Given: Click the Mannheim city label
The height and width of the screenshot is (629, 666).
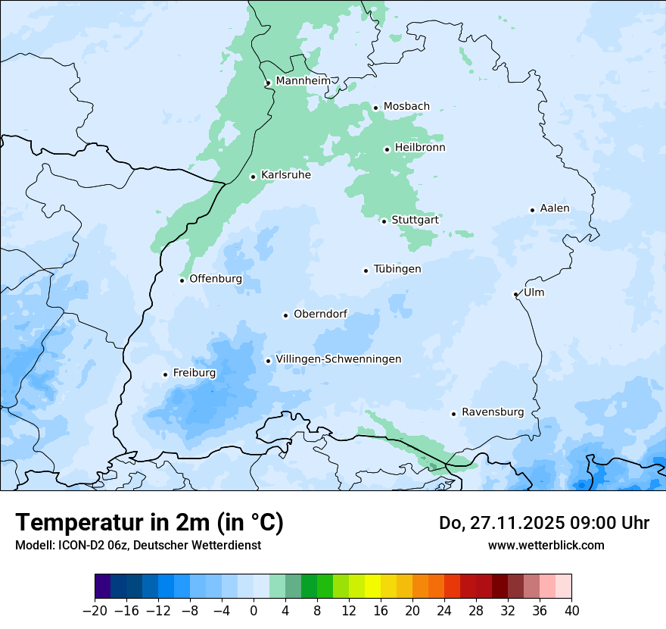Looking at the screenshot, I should click(303, 80).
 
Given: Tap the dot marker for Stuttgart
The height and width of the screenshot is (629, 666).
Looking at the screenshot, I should click(384, 221).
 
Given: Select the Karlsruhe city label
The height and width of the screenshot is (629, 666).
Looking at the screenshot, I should click(286, 175).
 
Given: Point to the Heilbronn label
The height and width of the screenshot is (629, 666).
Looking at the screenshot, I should click(420, 148).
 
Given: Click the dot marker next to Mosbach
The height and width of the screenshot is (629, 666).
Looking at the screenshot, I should click(375, 108).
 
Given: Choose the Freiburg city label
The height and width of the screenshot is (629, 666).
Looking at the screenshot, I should click(195, 373).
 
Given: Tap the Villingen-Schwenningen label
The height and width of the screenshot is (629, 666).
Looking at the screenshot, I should click(339, 359).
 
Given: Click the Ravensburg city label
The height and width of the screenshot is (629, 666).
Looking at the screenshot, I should click(493, 412).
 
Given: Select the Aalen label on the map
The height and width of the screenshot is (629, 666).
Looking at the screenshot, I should click(555, 208).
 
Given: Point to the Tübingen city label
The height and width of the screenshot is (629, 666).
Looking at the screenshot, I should click(397, 269).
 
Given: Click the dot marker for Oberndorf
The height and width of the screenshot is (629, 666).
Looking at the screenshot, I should click(286, 315).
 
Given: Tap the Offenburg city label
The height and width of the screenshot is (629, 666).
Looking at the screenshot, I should click(216, 279).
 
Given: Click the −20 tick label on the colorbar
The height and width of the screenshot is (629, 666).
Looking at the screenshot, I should click(95, 611).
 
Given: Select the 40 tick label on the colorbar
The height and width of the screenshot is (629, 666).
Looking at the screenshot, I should click(571, 611).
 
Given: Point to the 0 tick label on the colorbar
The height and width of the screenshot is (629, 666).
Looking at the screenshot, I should click(254, 611).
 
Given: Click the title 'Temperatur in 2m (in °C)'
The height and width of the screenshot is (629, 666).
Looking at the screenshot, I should click(150, 523).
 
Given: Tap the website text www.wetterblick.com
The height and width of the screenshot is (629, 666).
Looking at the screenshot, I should click(546, 545).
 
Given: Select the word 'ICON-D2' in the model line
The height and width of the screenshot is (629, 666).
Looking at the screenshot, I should click(76, 545).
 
